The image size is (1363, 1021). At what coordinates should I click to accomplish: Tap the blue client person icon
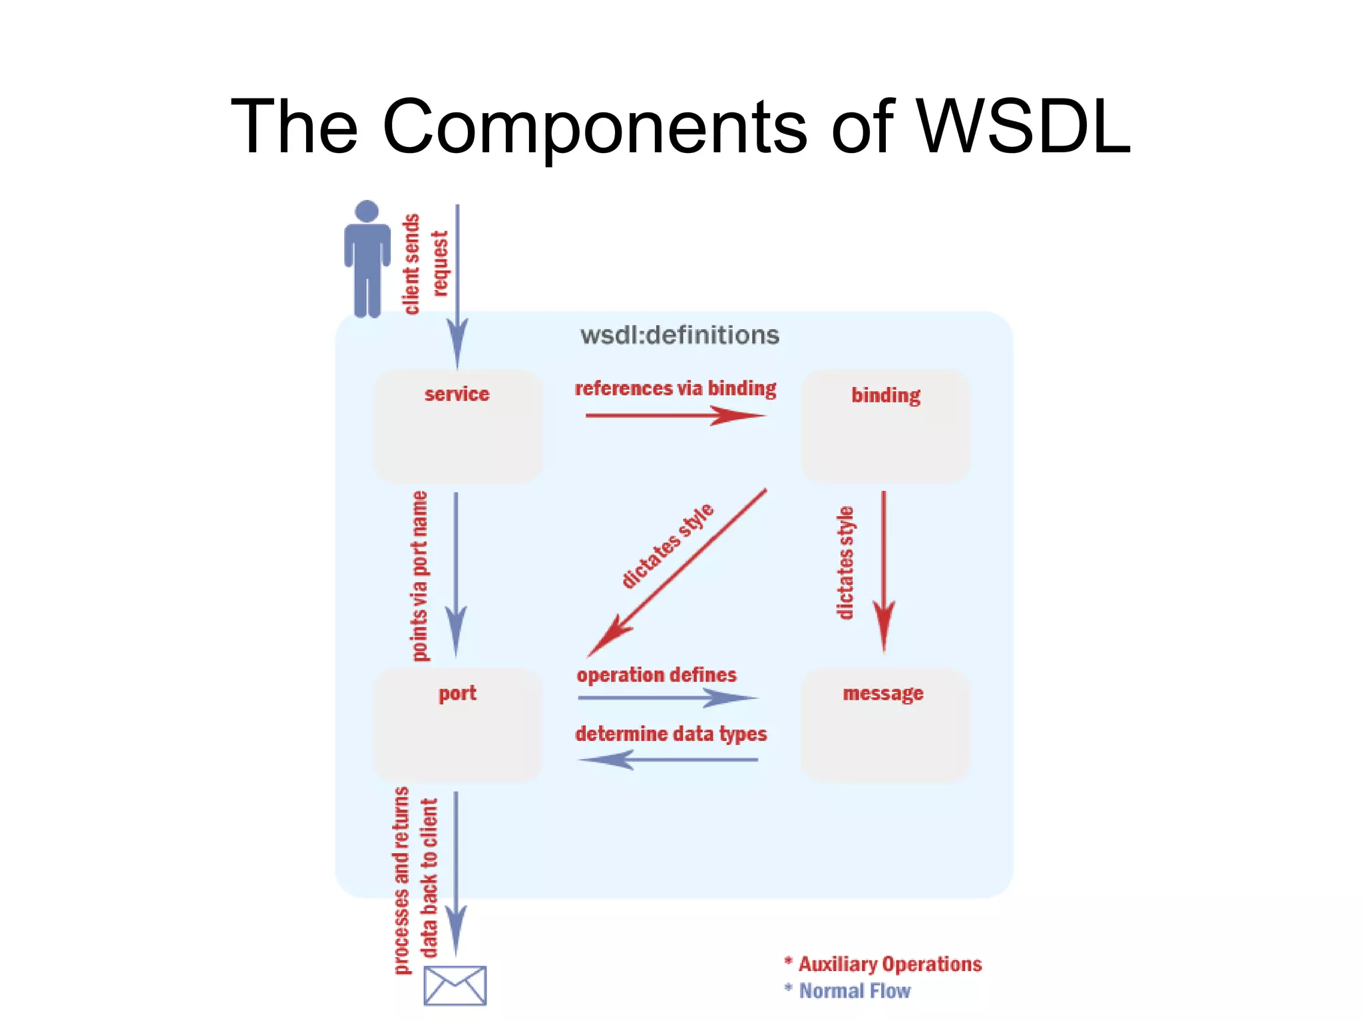click(x=367, y=259)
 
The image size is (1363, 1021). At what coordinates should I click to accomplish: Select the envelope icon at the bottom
click(x=455, y=985)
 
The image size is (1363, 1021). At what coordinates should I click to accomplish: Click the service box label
click(x=457, y=394)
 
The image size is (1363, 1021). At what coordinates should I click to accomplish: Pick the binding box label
click(x=885, y=395)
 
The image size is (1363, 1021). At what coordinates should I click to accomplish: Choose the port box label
click(x=457, y=693)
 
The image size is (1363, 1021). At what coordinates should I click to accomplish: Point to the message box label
click(x=882, y=693)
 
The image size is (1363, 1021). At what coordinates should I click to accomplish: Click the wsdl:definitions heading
click(x=680, y=335)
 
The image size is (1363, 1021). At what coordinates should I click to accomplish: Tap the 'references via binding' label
click(x=675, y=388)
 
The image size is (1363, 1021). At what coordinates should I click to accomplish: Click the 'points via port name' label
click(x=419, y=576)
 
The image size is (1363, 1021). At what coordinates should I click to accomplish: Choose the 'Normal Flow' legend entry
click(x=854, y=991)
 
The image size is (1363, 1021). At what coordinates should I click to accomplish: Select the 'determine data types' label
click(x=671, y=734)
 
